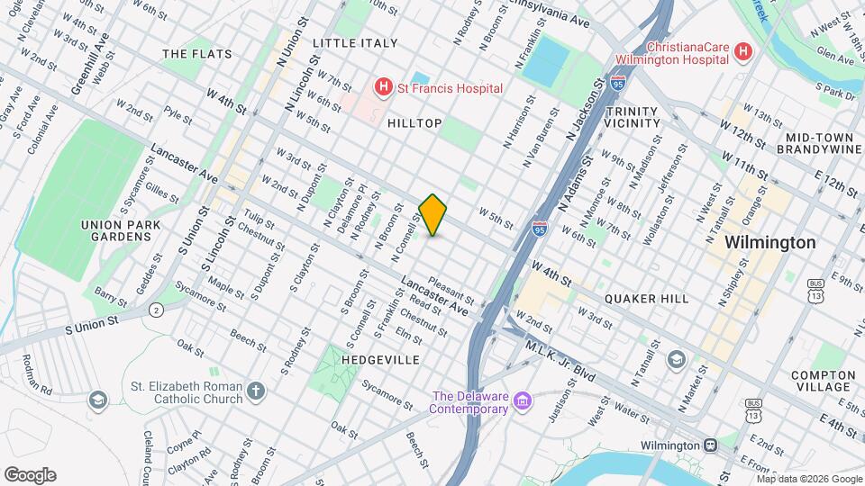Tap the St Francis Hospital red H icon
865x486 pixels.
384,87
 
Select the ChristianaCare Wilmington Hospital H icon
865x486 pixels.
742,52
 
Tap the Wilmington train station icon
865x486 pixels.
710,445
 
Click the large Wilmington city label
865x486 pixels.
770,243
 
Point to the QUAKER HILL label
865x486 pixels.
646,299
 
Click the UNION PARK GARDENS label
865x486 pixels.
115,230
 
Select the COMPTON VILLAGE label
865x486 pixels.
823,382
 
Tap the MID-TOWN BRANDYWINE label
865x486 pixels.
819,143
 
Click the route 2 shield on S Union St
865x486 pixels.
156,310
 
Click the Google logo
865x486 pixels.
31,474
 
